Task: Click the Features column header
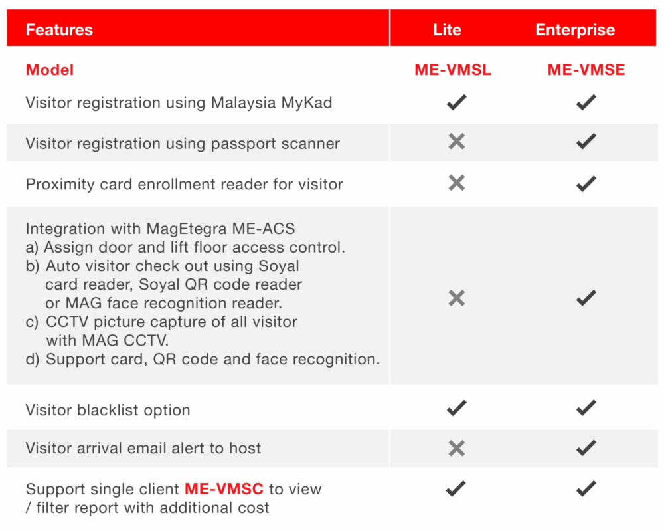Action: pyautogui.click(x=59, y=30)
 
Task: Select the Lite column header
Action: pyautogui.click(x=447, y=30)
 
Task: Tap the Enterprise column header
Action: pyautogui.click(x=575, y=30)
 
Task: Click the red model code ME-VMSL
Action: pyautogui.click(x=453, y=70)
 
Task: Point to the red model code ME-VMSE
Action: pyautogui.click(x=586, y=70)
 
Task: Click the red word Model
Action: pyautogui.click(x=50, y=70)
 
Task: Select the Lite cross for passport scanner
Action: pyautogui.click(x=456, y=141)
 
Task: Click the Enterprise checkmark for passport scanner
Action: pyautogui.click(x=586, y=142)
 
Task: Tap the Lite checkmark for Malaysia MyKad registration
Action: pyautogui.click(x=456, y=102)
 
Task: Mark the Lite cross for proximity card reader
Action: pyautogui.click(x=456, y=183)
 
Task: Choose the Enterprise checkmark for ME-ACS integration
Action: pyautogui.click(x=586, y=298)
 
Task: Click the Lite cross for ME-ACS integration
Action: pyautogui.click(x=456, y=298)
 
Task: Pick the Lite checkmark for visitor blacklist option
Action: pyautogui.click(x=456, y=409)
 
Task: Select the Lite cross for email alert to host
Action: pyautogui.click(x=456, y=448)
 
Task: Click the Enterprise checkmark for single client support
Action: pyautogui.click(x=586, y=488)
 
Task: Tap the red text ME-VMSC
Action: pyautogui.click(x=224, y=489)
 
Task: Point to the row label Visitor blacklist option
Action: pyautogui.click(x=108, y=410)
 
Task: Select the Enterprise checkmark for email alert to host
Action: pyautogui.click(x=586, y=448)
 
